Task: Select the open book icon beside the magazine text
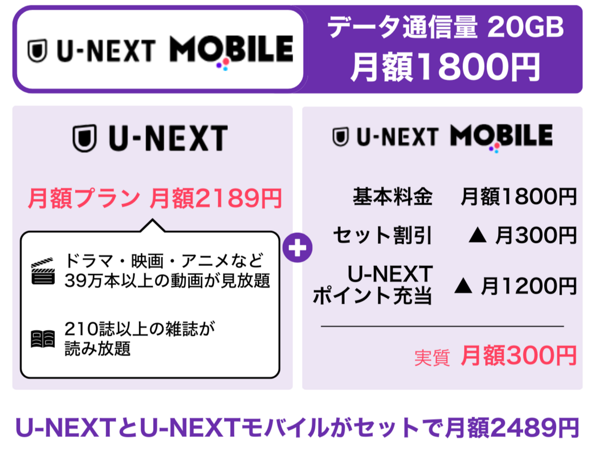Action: coord(43,339)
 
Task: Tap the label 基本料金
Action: coord(392,197)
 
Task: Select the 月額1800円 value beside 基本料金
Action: coord(518,197)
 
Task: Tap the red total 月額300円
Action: coord(518,355)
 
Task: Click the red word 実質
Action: coord(432,357)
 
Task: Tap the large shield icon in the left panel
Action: coord(84,138)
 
